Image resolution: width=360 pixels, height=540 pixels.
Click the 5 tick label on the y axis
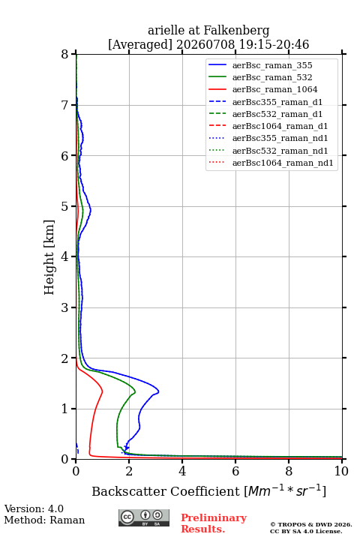pyautogui.click(x=64, y=206)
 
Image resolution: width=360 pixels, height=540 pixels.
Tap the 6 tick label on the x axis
pyautogui.click(x=235, y=471)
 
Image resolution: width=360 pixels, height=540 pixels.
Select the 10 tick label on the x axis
pyautogui.click(x=342, y=471)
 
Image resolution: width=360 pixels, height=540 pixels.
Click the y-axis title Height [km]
pyautogui.click(x=49, y=257)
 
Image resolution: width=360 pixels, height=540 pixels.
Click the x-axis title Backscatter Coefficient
pyautogui.click(x=165, y=491)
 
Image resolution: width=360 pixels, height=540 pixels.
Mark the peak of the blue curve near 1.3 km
pyautogui.click(x=158, y=391)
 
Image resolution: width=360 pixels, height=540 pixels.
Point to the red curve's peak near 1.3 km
pyautogui.click(x=102, y=391)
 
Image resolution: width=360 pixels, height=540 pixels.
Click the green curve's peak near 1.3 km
pyautogui.click(x=135, y=391)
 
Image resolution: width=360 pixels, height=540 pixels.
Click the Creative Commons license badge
pyautogui.click(x=144, y=517)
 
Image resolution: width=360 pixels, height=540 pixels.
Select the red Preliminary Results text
pyautogui.click(x=214, y=523)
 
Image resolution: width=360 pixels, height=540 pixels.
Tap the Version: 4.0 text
pyautogui.click(x=34, y=508)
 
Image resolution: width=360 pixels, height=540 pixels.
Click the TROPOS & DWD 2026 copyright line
pyautogui.click(x=311, y=524)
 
